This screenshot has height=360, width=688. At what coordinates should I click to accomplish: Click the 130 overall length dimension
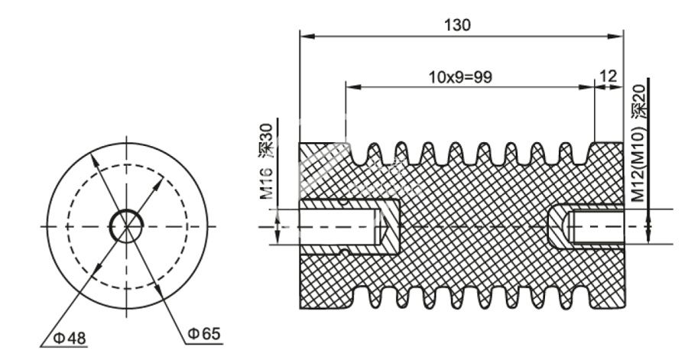tap(457, 25)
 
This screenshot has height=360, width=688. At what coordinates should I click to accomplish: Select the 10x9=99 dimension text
tap(460, 77)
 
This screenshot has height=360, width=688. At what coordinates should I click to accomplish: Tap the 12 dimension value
tap(608, 76)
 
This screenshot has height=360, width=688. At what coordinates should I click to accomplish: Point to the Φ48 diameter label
tap(70, 338)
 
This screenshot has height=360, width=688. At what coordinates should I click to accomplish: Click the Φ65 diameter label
tap(204, 334)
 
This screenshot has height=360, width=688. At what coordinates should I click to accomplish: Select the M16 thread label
tap(266, 183)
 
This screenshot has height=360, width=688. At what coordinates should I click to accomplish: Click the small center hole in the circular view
tap(126, 226)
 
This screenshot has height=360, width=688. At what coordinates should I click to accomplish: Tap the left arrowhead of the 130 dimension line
tap(307, 37)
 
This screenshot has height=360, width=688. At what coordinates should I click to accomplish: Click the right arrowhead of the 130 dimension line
tap(615, 37)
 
